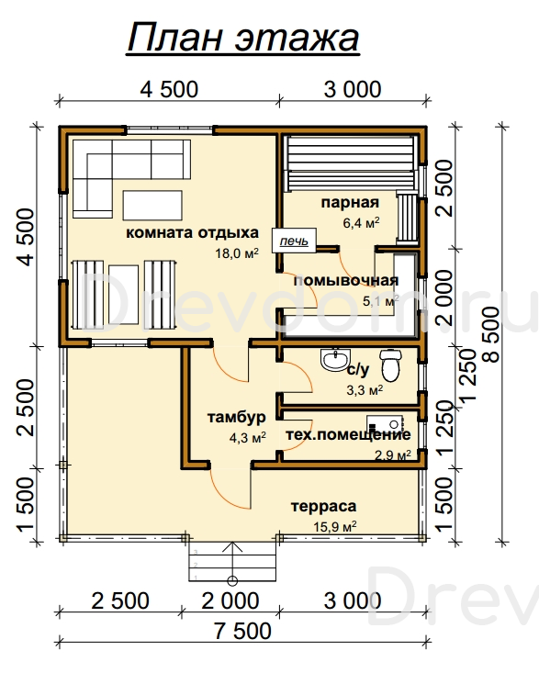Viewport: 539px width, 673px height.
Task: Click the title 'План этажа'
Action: pos(243,38)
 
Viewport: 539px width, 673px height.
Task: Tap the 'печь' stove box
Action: pos(295,241)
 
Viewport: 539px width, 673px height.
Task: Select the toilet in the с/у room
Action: pos(390,365)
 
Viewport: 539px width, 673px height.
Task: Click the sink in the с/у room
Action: pos(335,360)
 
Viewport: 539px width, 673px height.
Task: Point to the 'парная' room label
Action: pos(350,203)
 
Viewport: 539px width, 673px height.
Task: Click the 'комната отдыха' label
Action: pos(192,232)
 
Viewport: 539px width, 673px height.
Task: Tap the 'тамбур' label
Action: pos(237,417)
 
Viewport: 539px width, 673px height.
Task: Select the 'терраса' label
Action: pos(323,507)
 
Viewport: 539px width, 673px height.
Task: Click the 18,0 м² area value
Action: pos(237,252)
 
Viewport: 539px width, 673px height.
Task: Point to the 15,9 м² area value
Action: pos(335,526)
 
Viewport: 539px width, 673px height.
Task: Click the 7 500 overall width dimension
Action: pos(243,631)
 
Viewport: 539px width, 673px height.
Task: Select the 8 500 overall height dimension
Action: pos(492,335)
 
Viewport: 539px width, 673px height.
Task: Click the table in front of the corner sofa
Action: pos(152,205)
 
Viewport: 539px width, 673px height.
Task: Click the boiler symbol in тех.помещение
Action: pos(385,424)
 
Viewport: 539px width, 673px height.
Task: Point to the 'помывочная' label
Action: pos(346,281)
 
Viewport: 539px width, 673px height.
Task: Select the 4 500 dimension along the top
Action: pos(169,89)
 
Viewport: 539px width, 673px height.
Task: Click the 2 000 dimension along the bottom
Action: pos(230,600)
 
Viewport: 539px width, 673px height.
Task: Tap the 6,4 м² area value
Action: pos(362,223)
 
